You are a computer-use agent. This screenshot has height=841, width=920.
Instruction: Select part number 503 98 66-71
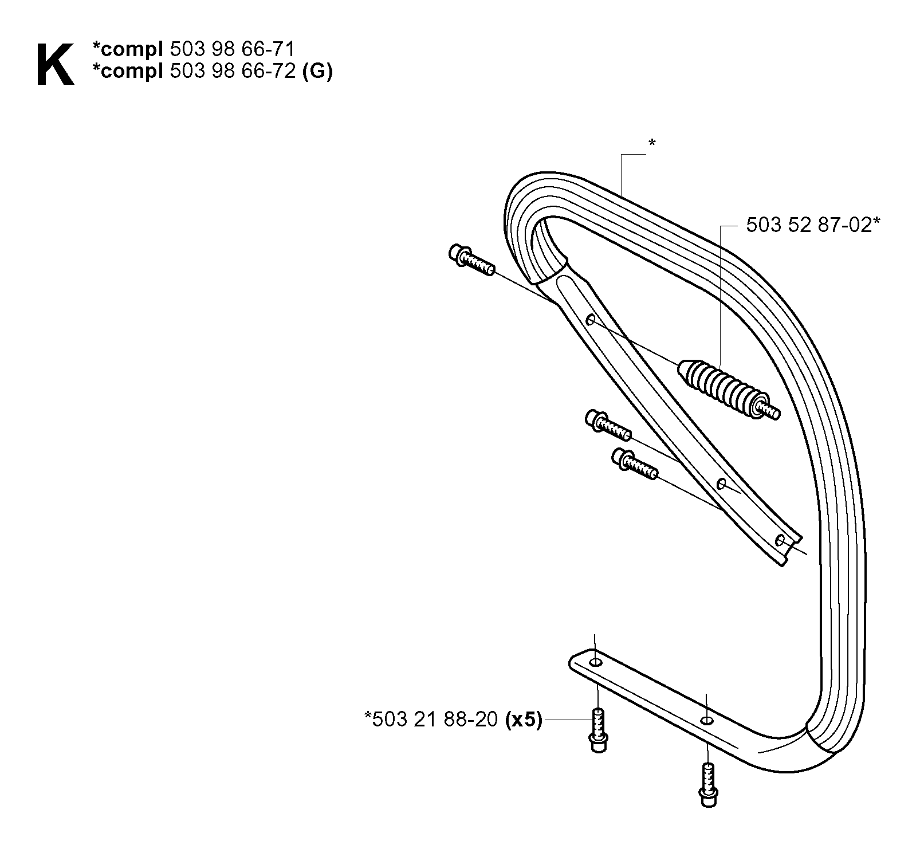233,49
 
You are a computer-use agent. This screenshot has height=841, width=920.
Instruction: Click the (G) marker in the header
317,72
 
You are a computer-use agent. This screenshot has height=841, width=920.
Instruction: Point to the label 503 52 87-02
809,225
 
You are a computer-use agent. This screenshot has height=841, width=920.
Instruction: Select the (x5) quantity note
523,720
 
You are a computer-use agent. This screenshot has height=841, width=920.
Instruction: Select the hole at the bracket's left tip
596,663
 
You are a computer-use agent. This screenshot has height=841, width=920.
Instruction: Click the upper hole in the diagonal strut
591,319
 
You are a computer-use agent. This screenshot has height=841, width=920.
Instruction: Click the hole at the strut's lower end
780,540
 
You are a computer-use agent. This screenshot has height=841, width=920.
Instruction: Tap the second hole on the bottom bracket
707,720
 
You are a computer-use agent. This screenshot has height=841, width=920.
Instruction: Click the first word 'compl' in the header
129,50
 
